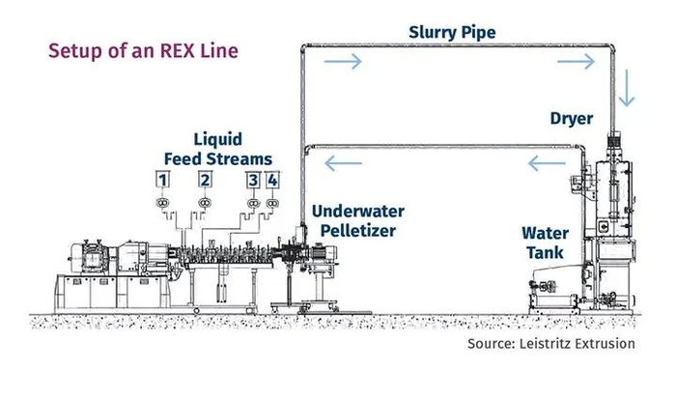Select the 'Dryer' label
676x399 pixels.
pos(571,120)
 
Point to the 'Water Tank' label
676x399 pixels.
pos(546,244)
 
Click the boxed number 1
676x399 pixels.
pos(164,180)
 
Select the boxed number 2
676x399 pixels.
pos(206,180)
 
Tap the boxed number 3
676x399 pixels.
pos(253,180)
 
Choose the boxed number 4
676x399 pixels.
pos(273,180)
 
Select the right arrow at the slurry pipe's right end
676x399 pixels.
pos(577,62)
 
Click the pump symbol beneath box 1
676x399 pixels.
pos(162,202)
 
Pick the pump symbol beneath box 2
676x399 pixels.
pos(205,202)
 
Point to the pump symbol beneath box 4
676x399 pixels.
pos(272,202)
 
